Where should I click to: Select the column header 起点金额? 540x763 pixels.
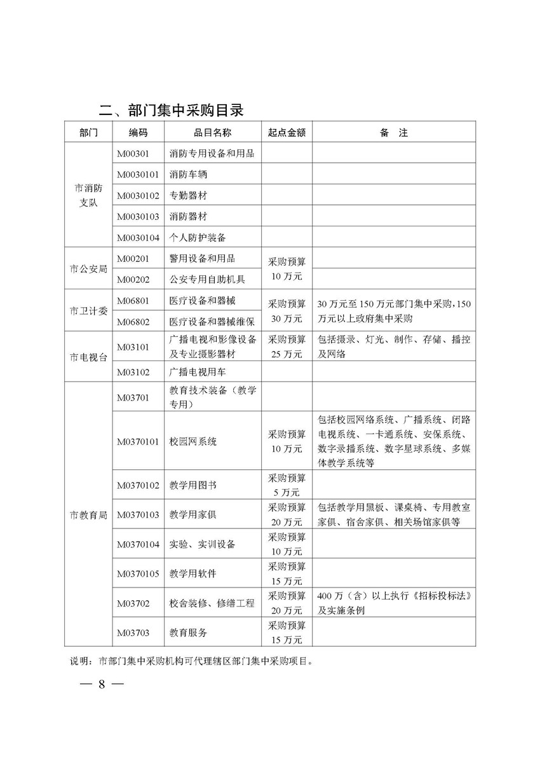point(287,132)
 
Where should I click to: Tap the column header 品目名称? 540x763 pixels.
point(212,132)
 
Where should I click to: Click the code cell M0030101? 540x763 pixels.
point(138,174)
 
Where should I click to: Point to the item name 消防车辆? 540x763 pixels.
point(189,174)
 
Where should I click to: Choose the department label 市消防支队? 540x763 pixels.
point(88,195)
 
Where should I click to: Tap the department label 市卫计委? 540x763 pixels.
point(88,310)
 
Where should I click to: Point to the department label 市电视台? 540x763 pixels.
point(88,356)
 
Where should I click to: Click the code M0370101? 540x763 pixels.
point(138,441)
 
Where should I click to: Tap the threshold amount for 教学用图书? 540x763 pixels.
point(287,485)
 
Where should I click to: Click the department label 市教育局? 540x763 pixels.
point(88,514)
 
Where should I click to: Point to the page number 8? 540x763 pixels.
point(101,685)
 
